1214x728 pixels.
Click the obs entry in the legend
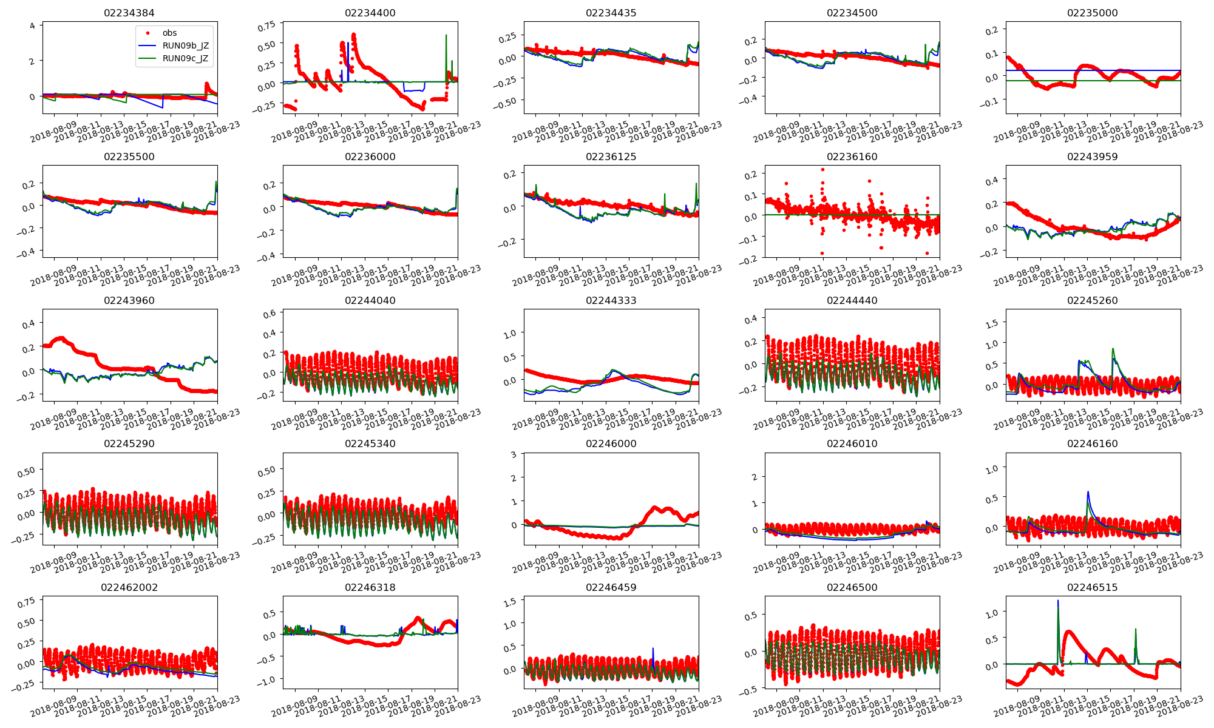[x=169, y=33]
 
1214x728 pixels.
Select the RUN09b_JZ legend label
[x=185, y=45]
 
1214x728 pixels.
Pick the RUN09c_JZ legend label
[x=185, y=58]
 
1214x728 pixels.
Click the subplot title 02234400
[x=370, y=13]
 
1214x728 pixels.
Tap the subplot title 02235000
[x=1092, y=13]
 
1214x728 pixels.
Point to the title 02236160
[x=852, y=157]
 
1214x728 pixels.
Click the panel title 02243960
[x=129, y=300]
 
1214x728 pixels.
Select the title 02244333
[x=611, y=300]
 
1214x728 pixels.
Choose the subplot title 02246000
[x=611, y=443]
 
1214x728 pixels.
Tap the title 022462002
[x=129, y=587]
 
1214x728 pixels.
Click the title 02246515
[x=1092, y=587]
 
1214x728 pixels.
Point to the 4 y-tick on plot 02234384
[x=32, y=25]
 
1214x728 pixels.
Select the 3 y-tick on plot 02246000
[x=514, y=454]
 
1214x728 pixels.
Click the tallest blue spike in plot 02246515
[x=1058, y=601]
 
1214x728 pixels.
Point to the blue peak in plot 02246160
[x=1088, y=492]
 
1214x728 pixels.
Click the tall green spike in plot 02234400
[x=446, y=35]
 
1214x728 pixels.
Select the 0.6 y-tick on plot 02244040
[x=269, y=314]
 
